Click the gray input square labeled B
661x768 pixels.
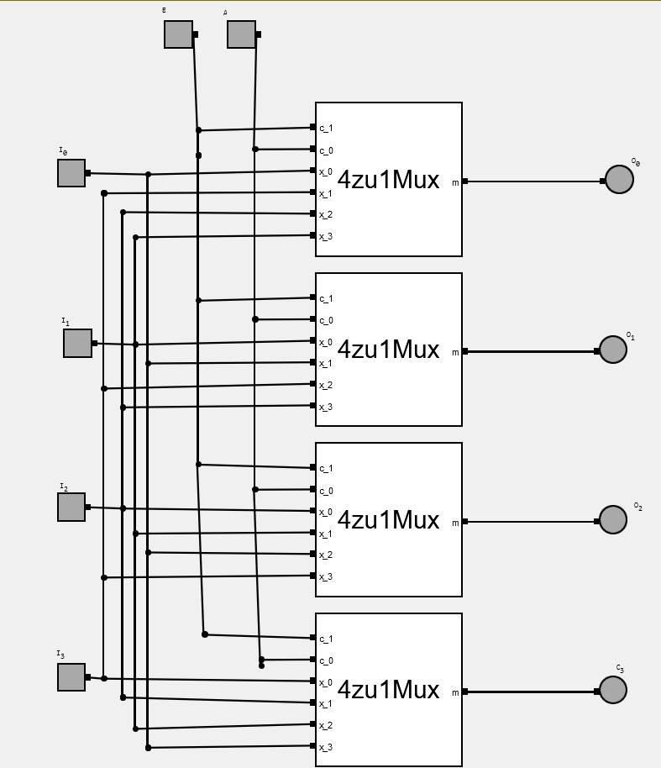pyautogui.click(x=178, y=34)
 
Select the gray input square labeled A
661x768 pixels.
pyautogui.click(x=241, y=34)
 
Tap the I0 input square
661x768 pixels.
pyautogui.click(x=71, y=173)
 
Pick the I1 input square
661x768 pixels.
pyautogui.click(x=77, y=343)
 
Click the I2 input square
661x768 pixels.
pyautogui.click(x=71, y=507)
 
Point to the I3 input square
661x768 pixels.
pyautogui.click(x=71, y=677)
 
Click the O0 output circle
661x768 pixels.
pyautogui.click(x=619, y=180)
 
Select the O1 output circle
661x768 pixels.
pyautogui.click(x=613, y=350)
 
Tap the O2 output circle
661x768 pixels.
pyautogui.click(x=613, y=520)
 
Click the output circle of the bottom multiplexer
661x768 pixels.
pyautogui.click(x=613, y=690)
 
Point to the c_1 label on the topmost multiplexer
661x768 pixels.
pyautogui.click(x=326, y=129)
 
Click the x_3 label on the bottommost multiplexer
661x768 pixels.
pyautogui.click(x=326, y=747)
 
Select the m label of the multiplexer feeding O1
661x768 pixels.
pyautogui.click(x=456, y=352)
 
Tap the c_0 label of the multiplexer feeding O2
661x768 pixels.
pyautogui.click(x=326, y=491)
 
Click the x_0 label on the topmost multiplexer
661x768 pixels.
pyautogui.click(x=326, y=172)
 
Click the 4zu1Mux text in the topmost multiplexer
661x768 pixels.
pyautogui.click(x=388, y=179)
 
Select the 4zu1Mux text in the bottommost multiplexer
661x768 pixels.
pyautogui.click(x=388, y=690)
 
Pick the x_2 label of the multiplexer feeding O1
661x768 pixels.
pyautogui.click(x=326, y=386)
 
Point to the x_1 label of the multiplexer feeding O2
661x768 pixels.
pyautogui.click(x=326, y=534)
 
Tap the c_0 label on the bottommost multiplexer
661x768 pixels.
pyautogui.click(x=326, y=661)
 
